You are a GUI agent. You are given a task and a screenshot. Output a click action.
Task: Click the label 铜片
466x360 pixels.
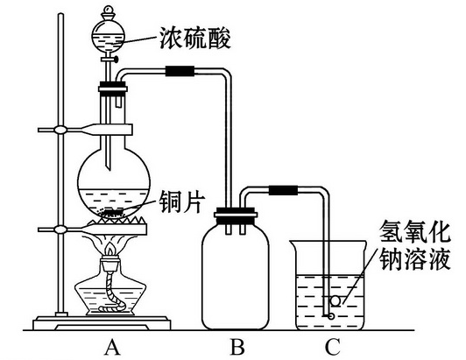point(181,201)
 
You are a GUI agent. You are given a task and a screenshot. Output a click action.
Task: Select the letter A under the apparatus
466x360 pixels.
point(111,347)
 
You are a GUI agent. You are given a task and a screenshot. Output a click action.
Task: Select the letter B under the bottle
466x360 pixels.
point(237,347)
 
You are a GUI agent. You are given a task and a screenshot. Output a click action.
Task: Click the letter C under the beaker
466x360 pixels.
point(331,347)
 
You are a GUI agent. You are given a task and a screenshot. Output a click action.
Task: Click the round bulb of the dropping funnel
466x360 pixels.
point(111,36)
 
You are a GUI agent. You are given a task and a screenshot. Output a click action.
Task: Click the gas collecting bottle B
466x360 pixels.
point(237,276)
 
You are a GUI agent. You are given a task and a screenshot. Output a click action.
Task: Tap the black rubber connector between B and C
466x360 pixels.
point(282,188)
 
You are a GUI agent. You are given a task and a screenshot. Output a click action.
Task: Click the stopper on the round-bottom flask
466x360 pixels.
point(111,87)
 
